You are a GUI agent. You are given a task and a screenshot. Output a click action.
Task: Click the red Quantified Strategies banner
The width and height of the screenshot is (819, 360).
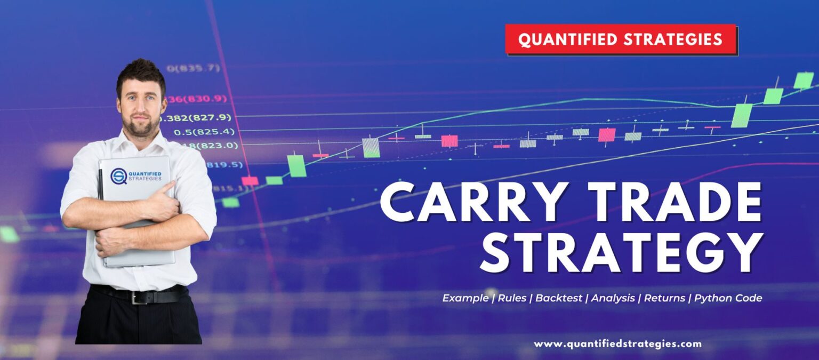[x=621, y=39]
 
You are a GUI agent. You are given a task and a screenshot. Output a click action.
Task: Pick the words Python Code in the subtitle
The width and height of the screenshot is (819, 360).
[x=728, y=298]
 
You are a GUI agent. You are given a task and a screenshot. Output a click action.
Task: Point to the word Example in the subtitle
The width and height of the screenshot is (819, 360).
[x=465, y=298]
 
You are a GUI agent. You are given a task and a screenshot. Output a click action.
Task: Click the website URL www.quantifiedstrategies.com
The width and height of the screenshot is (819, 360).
[x=617, y=344]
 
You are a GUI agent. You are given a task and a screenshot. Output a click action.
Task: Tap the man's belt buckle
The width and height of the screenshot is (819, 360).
[x=140, y=297]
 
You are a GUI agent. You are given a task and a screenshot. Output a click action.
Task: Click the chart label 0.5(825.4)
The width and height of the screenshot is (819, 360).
[x=204, y=131]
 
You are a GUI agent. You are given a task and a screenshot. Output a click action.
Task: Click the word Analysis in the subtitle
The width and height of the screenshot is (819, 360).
[x=613, y=298]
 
